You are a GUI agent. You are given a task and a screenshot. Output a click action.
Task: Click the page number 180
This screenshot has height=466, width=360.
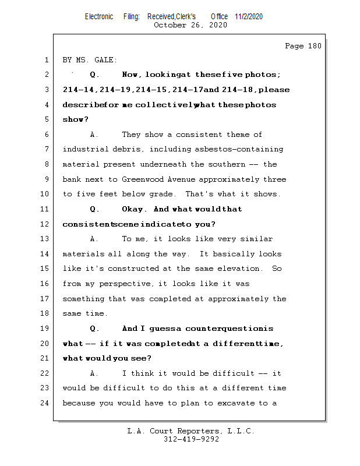(x=314, y=46)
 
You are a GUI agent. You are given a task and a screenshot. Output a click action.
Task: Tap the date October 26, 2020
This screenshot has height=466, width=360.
(x=190, y=25)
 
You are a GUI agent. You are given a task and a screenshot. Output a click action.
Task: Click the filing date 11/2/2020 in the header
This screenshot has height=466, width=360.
(x=249, y=16)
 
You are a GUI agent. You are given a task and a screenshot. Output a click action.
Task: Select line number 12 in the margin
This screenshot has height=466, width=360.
(x=46, y=224)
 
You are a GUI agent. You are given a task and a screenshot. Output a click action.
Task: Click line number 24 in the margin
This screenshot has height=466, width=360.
(x=46, y=403)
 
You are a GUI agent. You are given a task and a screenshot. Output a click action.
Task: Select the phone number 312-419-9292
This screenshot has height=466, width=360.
(x=190, y=440)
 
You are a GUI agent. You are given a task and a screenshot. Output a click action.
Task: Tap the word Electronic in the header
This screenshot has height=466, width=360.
(x=99, y=16)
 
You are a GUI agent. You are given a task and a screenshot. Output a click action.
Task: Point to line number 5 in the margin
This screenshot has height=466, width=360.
(x=46, y=120)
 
